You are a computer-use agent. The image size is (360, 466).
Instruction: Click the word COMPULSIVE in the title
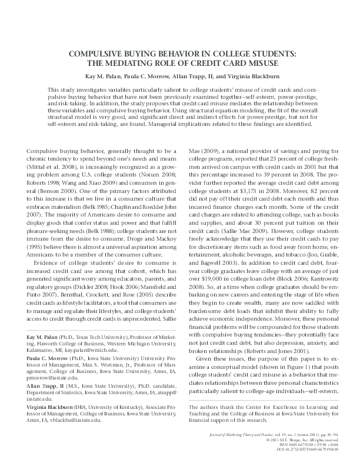click(97, 54)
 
